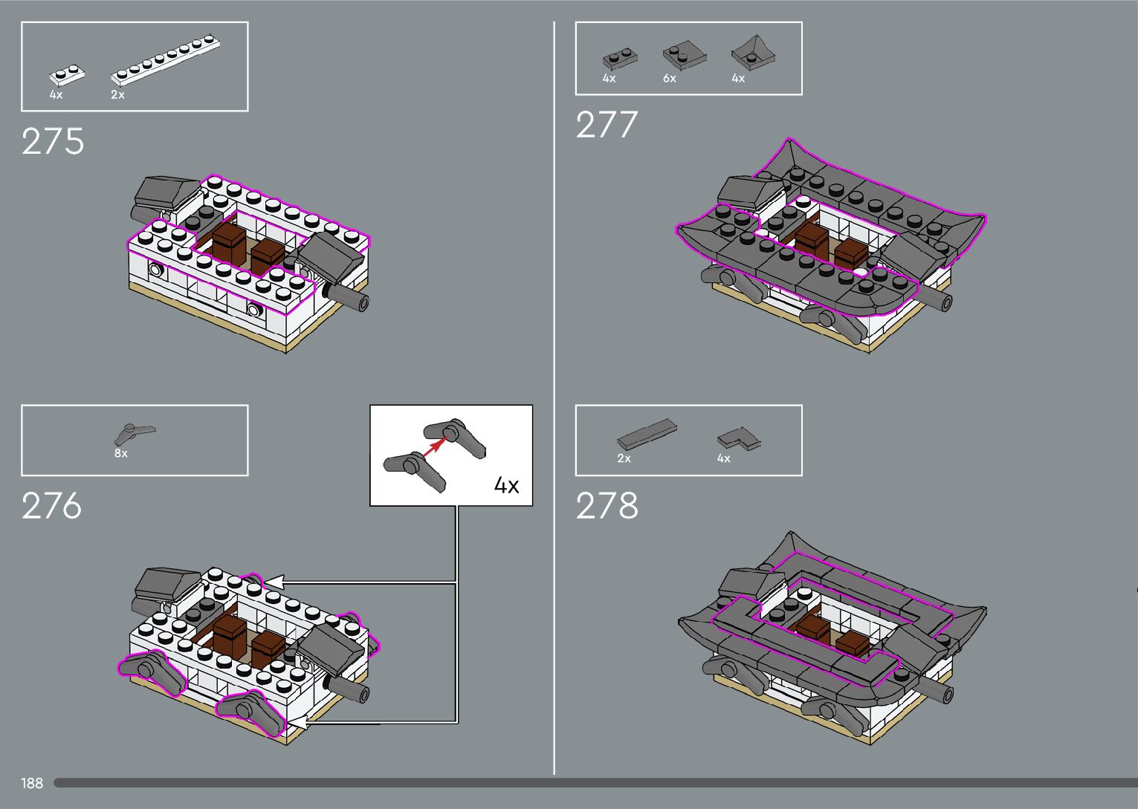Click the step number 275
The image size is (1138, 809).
tap(53, 141)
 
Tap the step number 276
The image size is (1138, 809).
tap(51, 506)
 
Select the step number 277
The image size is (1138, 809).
tap(607, 125)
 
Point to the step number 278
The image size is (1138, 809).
tap(607, 506)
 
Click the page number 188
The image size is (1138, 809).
tap(32, 783)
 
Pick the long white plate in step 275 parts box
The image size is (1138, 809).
tap(167, 59)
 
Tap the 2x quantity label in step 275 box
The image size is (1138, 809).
tap(117, 95)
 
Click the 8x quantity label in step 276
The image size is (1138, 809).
tap(120, 453)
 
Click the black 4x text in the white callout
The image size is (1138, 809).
tap(506, 486)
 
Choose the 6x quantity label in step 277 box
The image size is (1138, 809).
tap(670, 79)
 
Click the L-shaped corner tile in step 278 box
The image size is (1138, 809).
tap(739, 439)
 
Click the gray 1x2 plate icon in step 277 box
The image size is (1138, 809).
tap(620, 58)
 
